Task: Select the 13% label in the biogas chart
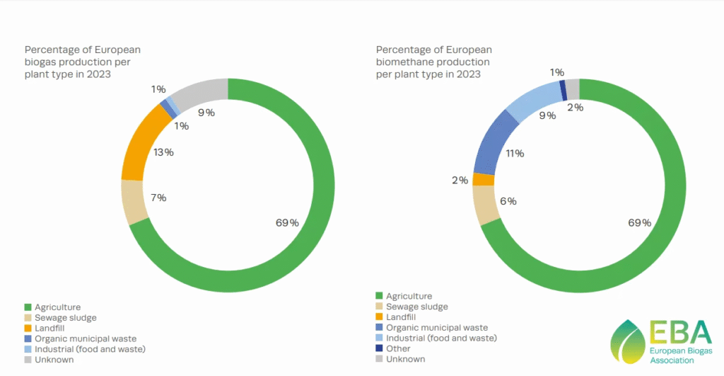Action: tap(163, 152)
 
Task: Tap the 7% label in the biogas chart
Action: tap(158, 198)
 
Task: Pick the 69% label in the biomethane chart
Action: tap(640, 223)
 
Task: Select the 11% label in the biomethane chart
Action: tap(515, 153)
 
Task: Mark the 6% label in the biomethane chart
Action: tap(508, 201)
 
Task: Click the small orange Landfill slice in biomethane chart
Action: tap(483, 179)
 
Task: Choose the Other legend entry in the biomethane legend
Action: tap(398, 348)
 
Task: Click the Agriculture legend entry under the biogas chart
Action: tap(57, 307)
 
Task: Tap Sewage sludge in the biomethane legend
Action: tap(416, 307)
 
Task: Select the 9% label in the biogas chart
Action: tap(206, 113)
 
